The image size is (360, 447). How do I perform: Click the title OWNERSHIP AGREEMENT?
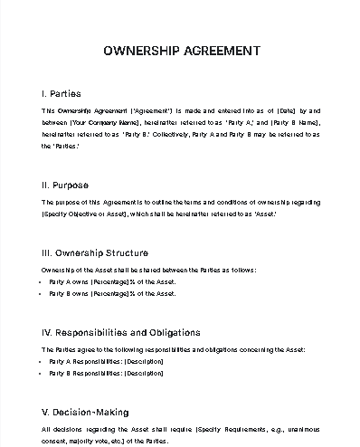coord(179,52)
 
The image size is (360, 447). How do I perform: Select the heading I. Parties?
coord(61,93)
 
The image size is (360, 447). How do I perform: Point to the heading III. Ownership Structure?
coord(95,252)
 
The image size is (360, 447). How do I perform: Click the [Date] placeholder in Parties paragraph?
coord(273,110)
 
